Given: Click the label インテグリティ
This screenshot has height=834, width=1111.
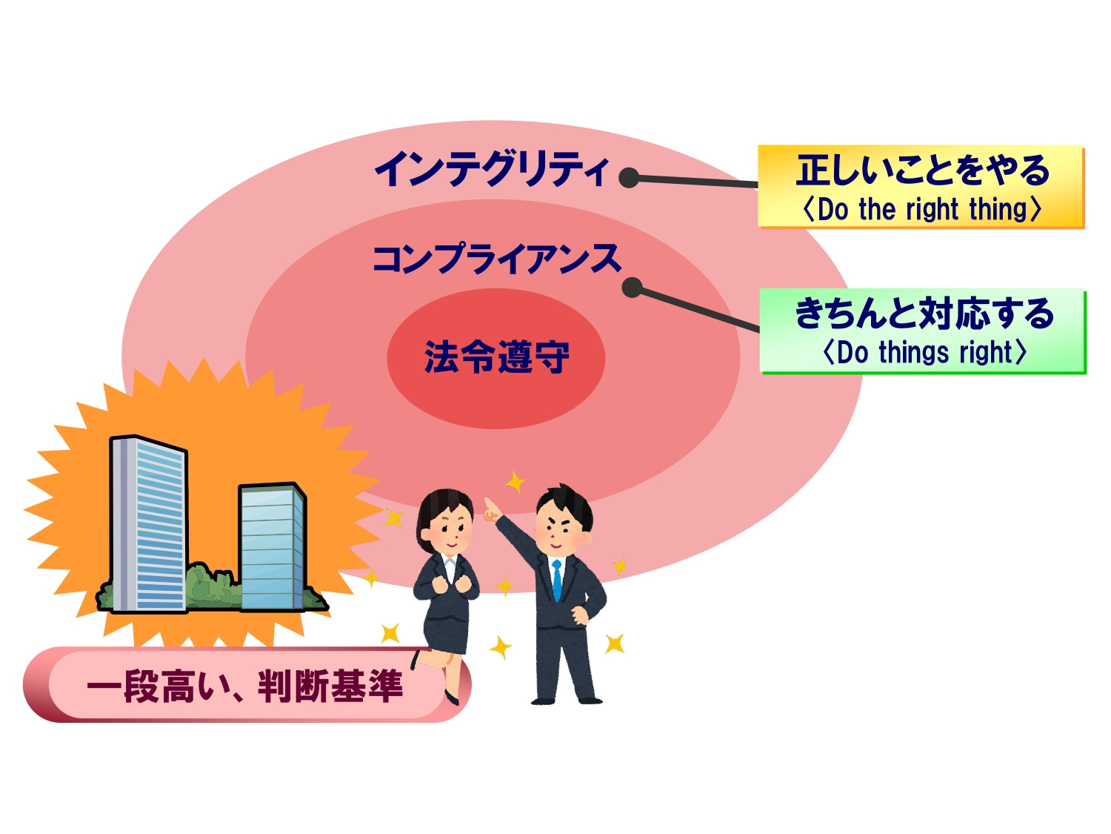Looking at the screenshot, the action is pos(491,168).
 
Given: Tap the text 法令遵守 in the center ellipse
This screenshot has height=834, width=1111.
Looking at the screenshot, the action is pos(496,357).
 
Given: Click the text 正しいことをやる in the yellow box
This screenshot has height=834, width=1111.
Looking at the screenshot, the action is pos(923,171).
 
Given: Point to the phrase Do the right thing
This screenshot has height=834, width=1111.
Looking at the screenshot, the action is pos(922,209).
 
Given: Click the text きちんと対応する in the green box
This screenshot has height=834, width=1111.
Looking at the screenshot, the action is pos(924,313).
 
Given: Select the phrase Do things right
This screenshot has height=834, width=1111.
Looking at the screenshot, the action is pos(924,352).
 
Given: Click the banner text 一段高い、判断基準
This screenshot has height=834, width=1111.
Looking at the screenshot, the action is pos(245,686).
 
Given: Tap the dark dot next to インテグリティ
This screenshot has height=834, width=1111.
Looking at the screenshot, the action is pos(629,178).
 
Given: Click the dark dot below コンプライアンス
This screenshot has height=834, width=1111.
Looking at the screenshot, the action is pos(633,288).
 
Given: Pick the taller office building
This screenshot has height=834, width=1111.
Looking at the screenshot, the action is pos(149,524).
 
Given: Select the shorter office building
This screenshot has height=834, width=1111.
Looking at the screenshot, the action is pos(272,547).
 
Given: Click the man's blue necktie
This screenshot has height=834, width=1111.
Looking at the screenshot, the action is pos(557,580).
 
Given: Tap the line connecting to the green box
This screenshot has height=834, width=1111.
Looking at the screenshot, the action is pos(700,310).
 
